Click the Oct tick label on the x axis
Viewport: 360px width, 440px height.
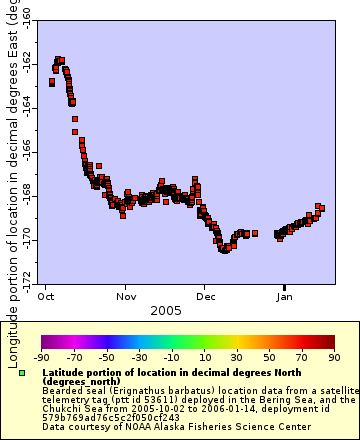click(46, 297)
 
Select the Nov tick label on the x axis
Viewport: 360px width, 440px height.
click(126, 297)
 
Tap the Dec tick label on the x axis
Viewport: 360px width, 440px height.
click(205, 297)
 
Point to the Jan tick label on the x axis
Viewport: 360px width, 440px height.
click(284, 297)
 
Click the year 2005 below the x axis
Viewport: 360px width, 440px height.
click(165, 311)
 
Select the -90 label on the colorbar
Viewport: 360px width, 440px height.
click(41, 356)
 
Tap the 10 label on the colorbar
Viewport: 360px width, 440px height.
click(203, 356)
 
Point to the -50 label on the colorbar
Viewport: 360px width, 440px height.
click(106, 356)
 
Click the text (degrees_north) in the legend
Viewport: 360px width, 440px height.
click(81, 381)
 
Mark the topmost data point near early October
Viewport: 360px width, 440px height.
click(59, 60)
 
